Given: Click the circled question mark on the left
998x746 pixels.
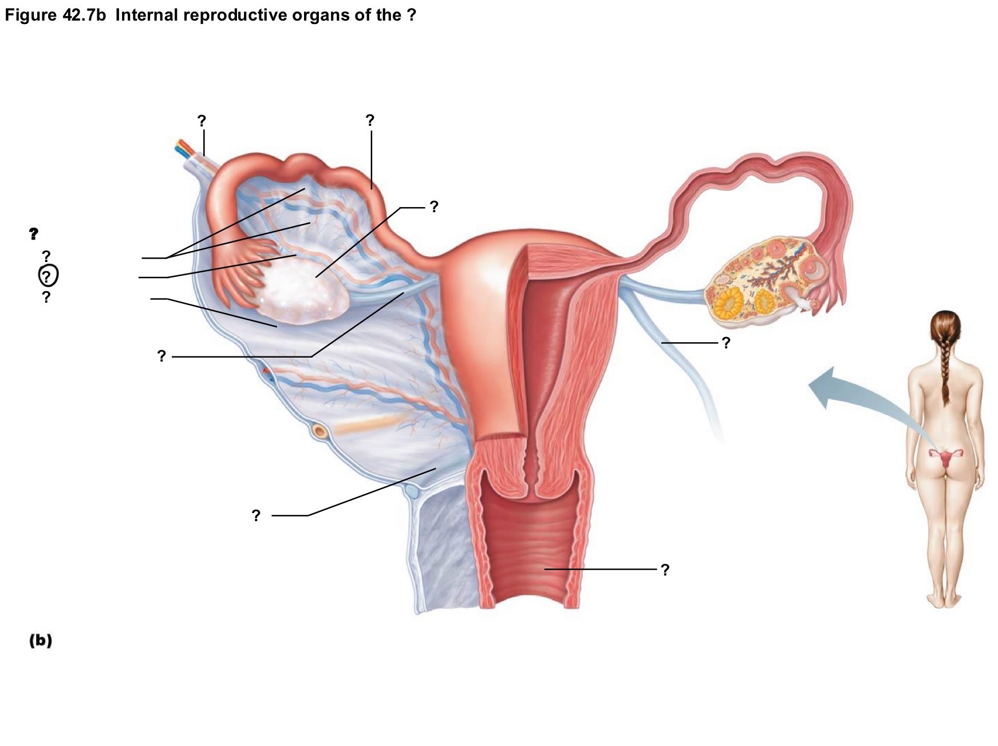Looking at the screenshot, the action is pos(48,276).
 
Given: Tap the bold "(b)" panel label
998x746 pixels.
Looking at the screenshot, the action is pos(41,640).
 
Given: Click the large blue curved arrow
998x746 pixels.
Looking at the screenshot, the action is pos(859,395).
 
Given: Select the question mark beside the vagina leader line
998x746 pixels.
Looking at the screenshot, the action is pos(665,570).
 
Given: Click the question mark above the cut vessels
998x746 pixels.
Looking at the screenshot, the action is pos(202,121).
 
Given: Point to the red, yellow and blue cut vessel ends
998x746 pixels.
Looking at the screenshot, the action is pos(184,148).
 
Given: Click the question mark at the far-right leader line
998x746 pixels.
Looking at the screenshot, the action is pos(726,343).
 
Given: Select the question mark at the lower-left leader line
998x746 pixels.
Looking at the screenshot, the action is pos(256,515).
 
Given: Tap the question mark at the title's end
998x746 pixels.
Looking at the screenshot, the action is pos(411,15).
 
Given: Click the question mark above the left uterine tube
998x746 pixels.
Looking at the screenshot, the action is pos(370,120).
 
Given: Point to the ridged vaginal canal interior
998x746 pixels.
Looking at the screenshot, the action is pos(530,549).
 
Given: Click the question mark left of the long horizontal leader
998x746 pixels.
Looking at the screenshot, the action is pos(161,356).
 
